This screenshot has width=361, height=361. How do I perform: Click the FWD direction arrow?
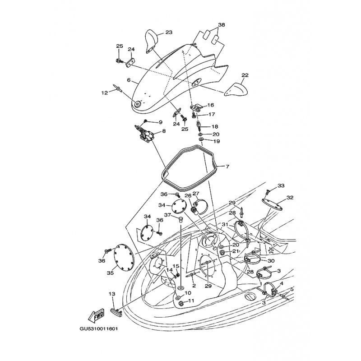pyautogui.click(x=97, y=314)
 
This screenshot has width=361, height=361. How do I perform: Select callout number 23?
pyautogui.click(x=169, y=32)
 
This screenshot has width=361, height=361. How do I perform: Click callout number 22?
pyautogui.click(x=245, y=75)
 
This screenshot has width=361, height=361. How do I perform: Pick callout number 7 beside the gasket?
pyautogui.click(x=227, y=167)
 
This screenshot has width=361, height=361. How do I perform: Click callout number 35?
pyautogui.click(x=110, y=273)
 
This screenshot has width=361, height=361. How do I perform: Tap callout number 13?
pyautogui.click(x=112, y=293)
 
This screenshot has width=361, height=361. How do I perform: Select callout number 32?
pyautogui.click(x=290, y=198)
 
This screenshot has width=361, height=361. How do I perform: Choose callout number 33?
pyautogui.click(x=281, y=185)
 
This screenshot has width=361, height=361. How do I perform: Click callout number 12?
pyautogui.click(x=104, y=93)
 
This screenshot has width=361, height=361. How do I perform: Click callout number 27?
pyautogui.click(x=196, y=194)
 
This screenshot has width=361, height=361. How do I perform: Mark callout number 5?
pyautogui.click(x=292, y=289)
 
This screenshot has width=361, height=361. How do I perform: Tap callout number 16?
pyautogui.click(x=210, y=105)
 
